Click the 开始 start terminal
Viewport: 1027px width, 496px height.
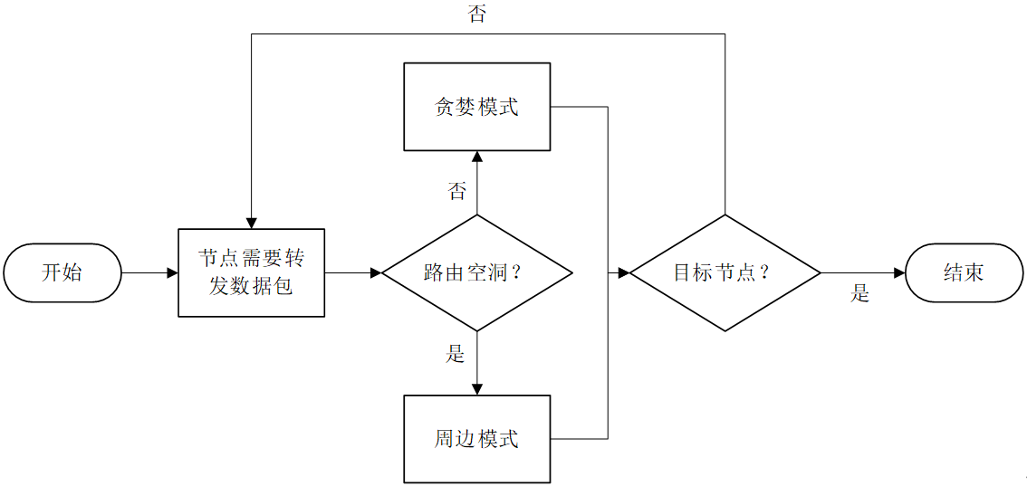pos(62,272)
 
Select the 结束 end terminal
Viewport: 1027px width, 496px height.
pos(964,272)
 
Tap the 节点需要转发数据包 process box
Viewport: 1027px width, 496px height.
pos(251,272)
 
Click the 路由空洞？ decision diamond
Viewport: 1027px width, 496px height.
pos(476,272)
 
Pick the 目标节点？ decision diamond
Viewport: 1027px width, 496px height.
pos(725,272)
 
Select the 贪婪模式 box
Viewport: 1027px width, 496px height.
pos(476,107)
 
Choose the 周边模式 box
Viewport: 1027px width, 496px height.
pos(476,439)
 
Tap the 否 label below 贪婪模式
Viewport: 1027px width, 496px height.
pos(457,191)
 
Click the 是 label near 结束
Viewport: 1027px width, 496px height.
pos(859,294)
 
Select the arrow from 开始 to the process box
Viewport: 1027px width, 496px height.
pos(149,272)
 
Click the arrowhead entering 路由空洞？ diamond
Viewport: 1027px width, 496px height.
pos(376,272)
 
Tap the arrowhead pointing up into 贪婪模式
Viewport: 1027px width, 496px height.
pos(476,157)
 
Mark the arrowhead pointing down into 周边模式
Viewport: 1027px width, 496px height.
pos(476,389)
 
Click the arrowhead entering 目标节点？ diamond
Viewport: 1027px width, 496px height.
pos(624,272)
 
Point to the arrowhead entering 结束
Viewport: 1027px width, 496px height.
pos(899,272)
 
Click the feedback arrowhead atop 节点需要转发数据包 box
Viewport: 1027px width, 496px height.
pos(251,223)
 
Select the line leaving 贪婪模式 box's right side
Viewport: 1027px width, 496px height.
pos(580,107)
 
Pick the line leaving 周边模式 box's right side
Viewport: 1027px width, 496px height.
pos(580,439)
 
